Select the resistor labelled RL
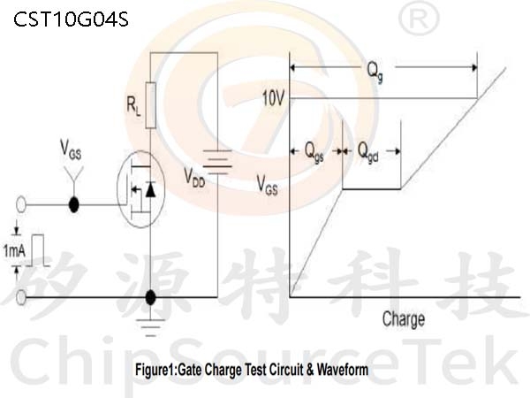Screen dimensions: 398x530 151,104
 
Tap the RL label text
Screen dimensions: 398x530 131,105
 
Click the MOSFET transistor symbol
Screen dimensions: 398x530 141,191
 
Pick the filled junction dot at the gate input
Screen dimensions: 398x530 74,205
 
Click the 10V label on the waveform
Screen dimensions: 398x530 272,98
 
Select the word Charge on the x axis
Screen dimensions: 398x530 403,319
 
